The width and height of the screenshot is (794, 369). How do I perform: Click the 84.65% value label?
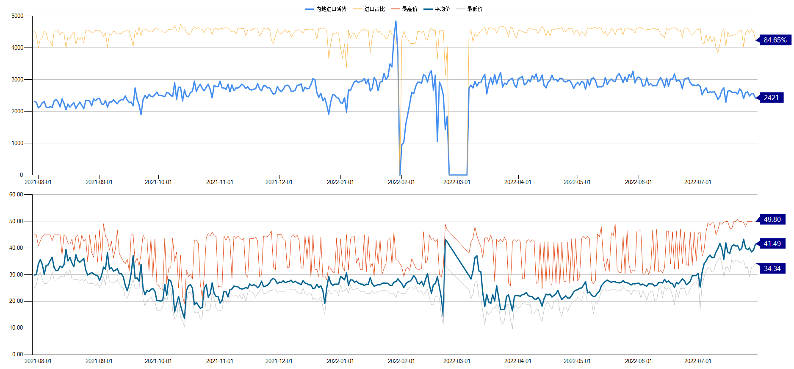[x=775, y=40]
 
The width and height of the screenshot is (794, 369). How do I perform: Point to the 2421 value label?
[x=771, y=98]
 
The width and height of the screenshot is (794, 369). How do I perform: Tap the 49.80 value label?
[x=772, y=219]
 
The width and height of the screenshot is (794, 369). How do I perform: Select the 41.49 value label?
[x=772, y=243]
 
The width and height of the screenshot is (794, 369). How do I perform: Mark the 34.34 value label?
[x=772, y=268]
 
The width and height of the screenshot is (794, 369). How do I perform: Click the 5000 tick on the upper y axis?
[x=17, y=16]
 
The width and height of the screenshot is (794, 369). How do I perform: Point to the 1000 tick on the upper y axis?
[x=17, y=143]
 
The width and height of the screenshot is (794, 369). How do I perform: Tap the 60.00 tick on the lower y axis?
[x=16, y=194]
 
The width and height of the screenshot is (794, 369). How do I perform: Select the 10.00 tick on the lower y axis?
[x=16, y=327]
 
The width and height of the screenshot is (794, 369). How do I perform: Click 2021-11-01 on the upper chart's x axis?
[x=219, y=182]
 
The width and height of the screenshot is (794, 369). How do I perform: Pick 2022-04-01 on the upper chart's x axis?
[x=517, y=182]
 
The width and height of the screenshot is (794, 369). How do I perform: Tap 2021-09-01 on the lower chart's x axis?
[x=99, y=361]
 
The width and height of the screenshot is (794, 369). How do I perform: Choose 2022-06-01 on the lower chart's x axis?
[x=638, y=361]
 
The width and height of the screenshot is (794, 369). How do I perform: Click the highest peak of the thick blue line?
[x=396, y=21]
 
